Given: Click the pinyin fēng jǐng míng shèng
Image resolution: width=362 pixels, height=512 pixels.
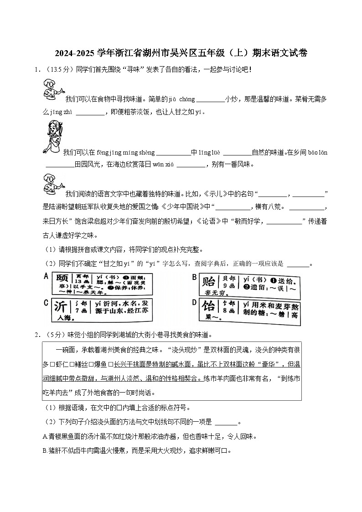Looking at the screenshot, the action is tap(126, 152).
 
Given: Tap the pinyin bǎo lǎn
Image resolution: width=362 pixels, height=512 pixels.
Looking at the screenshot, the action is tap(318, 152).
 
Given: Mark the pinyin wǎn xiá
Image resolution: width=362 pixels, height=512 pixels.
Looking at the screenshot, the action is tap(163, 164).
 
